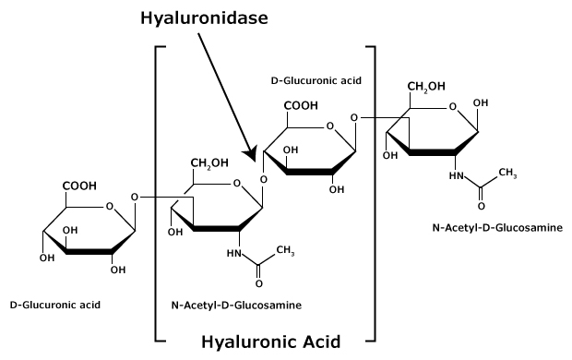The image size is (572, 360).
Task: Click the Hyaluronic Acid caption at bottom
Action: point(270,342)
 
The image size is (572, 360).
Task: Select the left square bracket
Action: point(158,194)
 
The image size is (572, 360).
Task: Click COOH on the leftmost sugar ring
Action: point(80,186)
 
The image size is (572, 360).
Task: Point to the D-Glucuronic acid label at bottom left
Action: point(54,304)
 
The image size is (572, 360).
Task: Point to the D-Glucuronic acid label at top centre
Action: point(315,80)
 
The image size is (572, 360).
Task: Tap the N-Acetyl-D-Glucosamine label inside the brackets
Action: point(236,304)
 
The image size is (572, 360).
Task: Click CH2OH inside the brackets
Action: point(210,164)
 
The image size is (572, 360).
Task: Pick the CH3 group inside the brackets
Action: point(284,249)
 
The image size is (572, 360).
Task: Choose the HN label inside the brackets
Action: point(232,250)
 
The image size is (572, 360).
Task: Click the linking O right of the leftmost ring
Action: point(136,197)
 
